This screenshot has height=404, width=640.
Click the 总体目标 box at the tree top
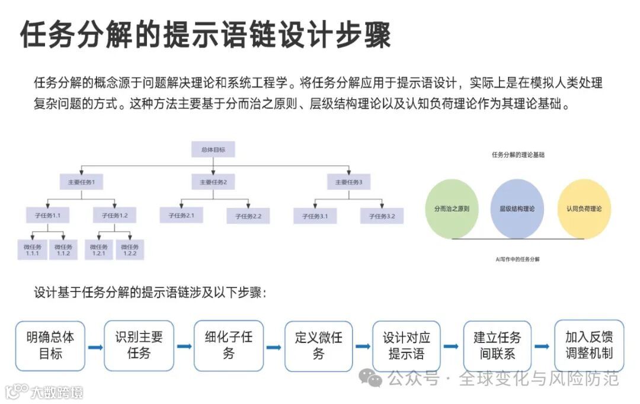click(x=213, y=149)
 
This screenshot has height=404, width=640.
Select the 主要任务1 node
click(x=82, y=182)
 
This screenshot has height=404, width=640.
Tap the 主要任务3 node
click(x=349, y=182)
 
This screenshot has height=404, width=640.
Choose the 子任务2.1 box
click(x=181, y=215)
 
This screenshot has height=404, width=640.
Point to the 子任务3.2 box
click(x=382, y=216)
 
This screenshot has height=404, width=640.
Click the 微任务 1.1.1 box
click(x=33, y=250)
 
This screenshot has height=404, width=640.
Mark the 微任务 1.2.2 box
click(x=130, y=250)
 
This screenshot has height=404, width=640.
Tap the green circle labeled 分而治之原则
click(x=452, y=209)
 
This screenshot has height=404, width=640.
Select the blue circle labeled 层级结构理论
click(x=517, y=209)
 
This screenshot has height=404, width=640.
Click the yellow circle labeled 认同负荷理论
click(x=584, y=209)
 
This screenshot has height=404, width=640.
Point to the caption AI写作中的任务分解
click(x=517, y=259)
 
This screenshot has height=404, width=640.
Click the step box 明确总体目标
click(x=50, y=346)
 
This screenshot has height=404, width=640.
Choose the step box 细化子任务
click(x=229, y=346)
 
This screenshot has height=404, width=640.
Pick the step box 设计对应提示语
click(x=407, y=346)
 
